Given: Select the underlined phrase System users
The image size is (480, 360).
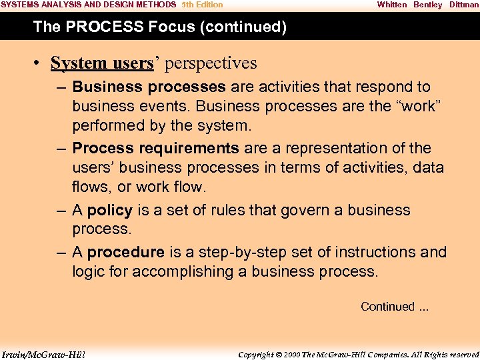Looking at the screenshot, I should point(102,63).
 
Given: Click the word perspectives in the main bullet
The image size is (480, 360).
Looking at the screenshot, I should point(211,63).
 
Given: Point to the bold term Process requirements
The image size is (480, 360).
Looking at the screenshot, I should point(155,148).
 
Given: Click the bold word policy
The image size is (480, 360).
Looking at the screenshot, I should point(110,210).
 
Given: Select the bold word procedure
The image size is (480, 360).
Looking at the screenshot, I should point(125,252).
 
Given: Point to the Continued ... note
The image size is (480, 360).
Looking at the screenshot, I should point(395,307).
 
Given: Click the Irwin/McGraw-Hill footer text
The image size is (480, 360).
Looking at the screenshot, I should point(43,354).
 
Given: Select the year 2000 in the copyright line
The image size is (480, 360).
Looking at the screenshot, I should point(292,354).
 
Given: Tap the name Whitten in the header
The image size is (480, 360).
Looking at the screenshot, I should point(391,5).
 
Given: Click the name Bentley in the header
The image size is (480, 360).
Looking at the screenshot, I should point(427,5).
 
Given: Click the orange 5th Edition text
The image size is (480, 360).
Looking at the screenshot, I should point(202,5).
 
